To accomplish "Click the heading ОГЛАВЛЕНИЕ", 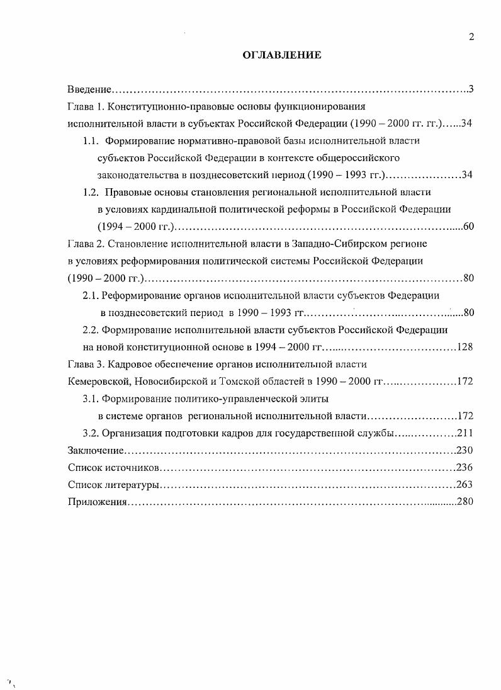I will tap(282, 55).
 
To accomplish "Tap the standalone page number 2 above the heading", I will tap(471, 37).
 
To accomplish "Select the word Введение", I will tap(89, 89).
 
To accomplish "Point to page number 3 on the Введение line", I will tap(470, 89).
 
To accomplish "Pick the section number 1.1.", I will tap(92, 140).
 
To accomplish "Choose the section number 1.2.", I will tap(92, 192).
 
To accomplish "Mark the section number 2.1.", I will tap(92, 295).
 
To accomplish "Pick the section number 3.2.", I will tap(92, 433).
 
